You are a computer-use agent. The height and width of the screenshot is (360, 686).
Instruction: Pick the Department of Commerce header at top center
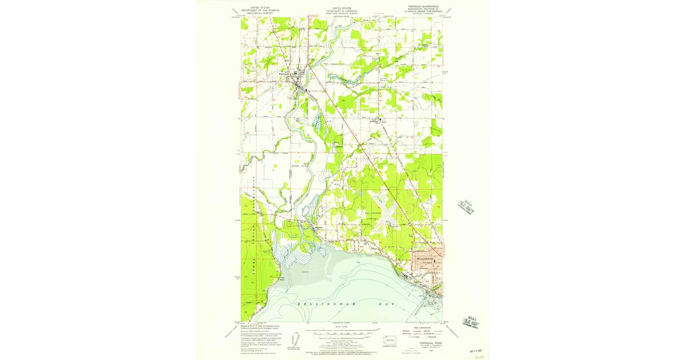342,10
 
